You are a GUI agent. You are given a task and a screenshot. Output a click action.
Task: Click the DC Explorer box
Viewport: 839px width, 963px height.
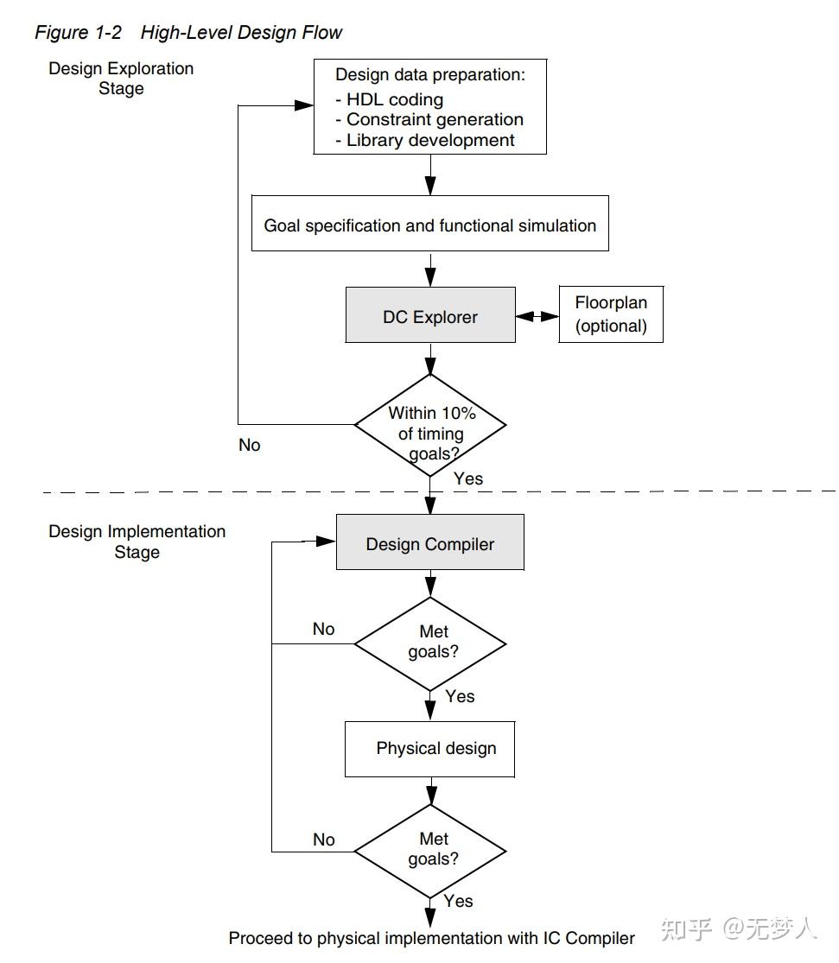click(430, 317)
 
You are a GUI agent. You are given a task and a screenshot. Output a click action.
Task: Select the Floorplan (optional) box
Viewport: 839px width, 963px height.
click(611, 314)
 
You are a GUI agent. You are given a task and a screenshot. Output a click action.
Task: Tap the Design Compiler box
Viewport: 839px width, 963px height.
click(429, 544)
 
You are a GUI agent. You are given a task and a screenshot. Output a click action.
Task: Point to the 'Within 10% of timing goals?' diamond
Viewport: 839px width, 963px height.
click(430, 424)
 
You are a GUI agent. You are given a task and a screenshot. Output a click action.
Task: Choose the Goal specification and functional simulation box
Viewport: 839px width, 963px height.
click(429, 225)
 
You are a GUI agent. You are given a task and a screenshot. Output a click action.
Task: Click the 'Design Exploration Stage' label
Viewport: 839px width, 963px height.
click(121, 78)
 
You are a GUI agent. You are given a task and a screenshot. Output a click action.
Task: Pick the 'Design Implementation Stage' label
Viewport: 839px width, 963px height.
click(137, 542)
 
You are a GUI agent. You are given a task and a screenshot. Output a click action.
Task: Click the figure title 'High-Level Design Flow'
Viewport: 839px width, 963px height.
click(241, 33)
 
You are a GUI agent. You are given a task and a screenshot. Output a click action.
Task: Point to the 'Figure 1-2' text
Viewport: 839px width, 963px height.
click(78, 33)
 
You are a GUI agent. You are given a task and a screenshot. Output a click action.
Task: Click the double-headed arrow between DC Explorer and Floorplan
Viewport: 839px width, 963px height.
click(537, 317)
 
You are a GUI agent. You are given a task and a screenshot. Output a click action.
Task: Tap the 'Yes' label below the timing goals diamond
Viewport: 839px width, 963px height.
click(467, 478)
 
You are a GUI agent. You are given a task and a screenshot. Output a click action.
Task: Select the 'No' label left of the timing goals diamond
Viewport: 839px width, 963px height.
click(249, 446)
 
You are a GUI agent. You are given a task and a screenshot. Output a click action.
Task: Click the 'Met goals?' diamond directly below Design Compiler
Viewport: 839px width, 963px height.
click(430, 643)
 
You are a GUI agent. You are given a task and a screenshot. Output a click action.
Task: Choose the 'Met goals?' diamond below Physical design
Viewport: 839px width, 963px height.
click(430, 850)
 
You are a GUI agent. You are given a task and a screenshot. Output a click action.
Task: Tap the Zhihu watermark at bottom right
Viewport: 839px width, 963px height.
click(739, 929)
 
